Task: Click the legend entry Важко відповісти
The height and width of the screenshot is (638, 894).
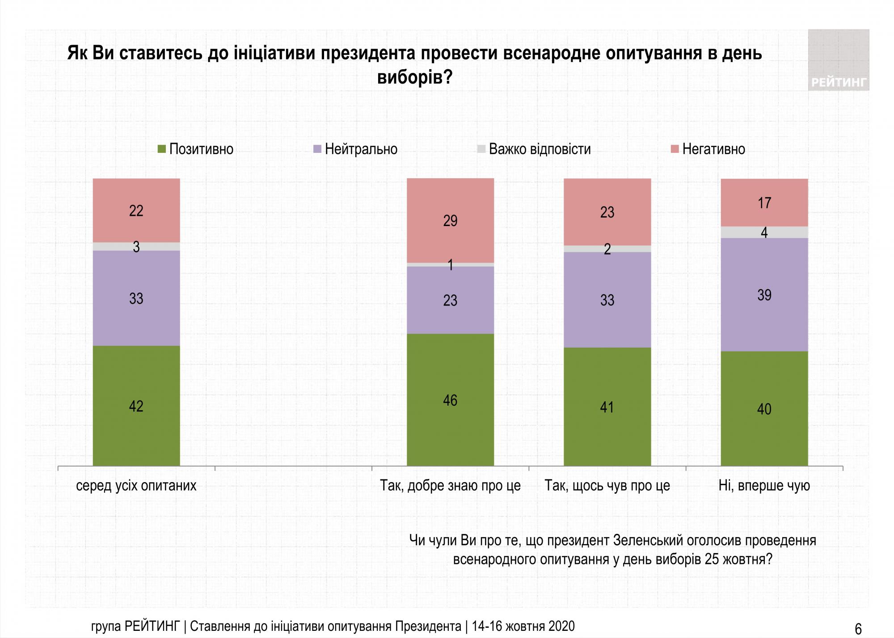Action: tap(534, 149)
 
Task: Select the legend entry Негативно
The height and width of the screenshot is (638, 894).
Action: tap(708, 149)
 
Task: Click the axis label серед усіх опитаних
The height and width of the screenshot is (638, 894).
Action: tap(136, 486)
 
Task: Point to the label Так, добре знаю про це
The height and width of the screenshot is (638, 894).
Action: tap(450, 486)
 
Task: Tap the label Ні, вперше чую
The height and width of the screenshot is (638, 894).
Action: tap(764, 486)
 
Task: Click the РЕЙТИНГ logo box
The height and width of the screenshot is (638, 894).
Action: tap(839, 60)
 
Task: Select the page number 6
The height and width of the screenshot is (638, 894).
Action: tap(858, 629)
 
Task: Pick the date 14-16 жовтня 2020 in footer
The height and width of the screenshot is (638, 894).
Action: tap(523, 626)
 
